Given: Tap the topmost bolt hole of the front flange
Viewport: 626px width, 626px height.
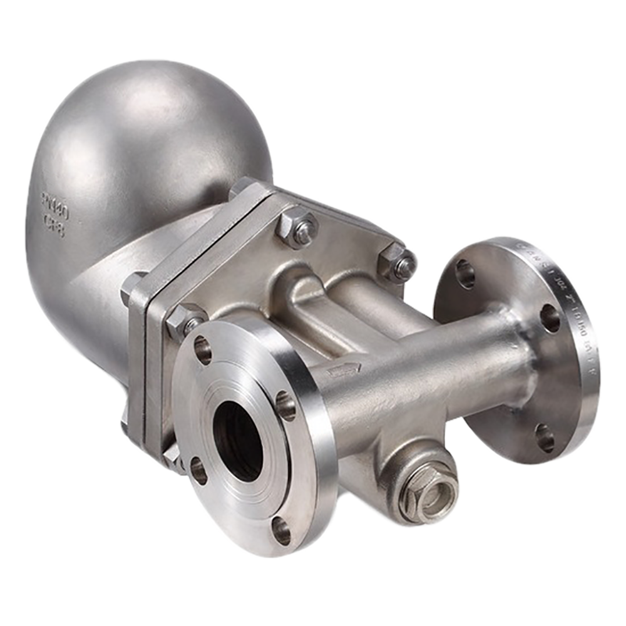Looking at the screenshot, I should point(203,349).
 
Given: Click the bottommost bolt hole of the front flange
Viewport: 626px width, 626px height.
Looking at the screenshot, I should point(281,530).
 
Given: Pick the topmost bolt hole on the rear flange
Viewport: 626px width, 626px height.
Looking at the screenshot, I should point(465,274).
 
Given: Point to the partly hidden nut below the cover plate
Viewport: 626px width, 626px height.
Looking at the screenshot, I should point(172,457).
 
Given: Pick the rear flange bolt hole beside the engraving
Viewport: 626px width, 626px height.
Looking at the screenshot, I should point(549,318).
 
